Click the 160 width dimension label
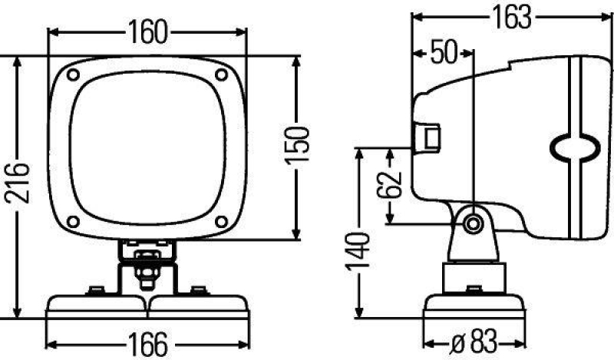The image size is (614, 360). [147, 31]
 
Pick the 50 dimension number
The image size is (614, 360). [443, 53]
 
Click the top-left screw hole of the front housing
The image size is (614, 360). [73, 75]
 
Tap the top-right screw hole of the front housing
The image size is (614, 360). [221, 75]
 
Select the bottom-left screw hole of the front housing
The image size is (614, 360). [73, 222]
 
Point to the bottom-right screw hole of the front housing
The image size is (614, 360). [221, 222]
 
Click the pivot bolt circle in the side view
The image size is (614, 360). [473, 223]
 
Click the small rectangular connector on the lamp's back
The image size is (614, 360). [427, 138]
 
